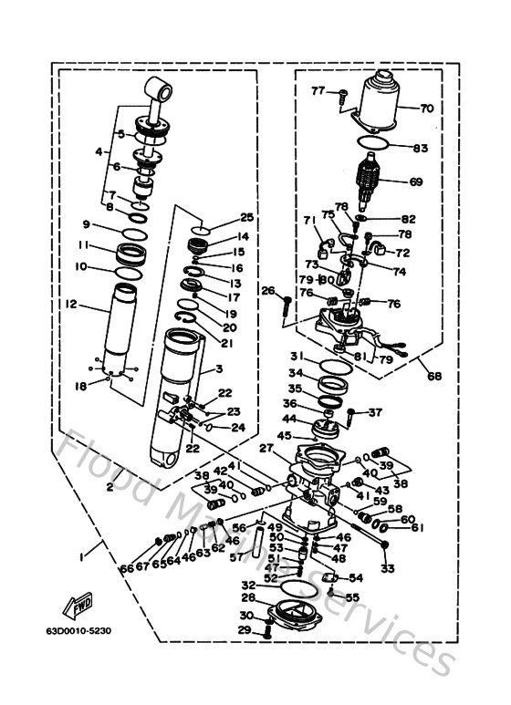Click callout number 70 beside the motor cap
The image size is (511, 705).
(x=426, y=108)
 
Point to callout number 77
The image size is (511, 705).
(x=318, y=90)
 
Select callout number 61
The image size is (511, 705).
(x=417, y=526)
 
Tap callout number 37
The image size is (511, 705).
(x=375, y=412)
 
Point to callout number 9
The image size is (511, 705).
(x=86, y=224)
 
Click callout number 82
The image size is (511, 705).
(x=408, y=219)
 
